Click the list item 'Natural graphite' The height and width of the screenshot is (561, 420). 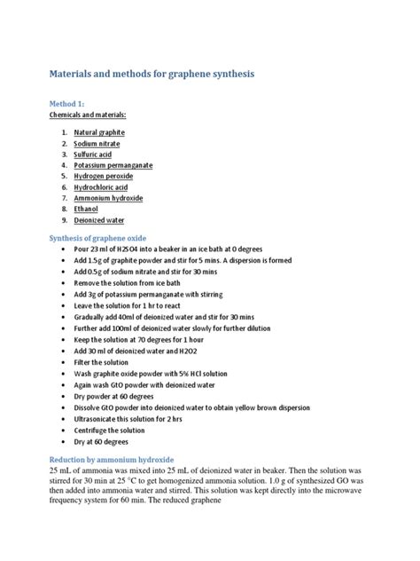point(99,132)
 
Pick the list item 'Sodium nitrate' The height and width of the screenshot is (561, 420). point(97,143)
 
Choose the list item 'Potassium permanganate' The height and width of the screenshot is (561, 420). point(113,165)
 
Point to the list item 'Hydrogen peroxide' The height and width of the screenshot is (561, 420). point(104,177)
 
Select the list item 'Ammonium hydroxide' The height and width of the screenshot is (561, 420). point(108,198)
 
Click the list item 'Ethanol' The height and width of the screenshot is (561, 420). point(87,209)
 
